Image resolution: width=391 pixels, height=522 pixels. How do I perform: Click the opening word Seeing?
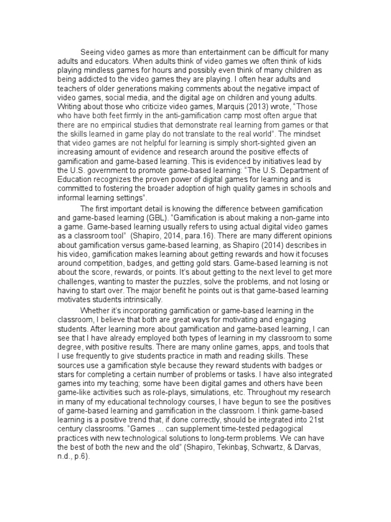click(x=93, y=53)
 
